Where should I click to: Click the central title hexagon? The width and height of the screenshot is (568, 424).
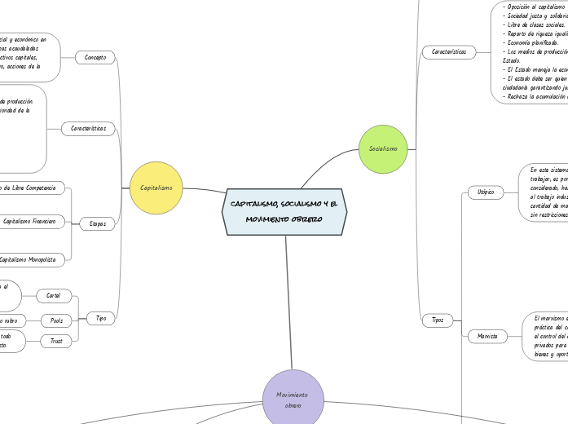click(x=284, y=211)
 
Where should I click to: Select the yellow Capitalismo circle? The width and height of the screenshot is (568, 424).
click(x=156, y=188)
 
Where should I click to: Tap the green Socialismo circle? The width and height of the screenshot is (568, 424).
click(x=383, y=149)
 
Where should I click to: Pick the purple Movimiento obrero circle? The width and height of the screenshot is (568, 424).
click(x=293, y=400)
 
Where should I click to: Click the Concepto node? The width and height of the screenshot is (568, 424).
click(x=95, y=57)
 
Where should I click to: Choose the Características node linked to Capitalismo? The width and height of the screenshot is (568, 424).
click(x=89, y=128)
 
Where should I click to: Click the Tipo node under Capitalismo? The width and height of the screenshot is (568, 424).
click(x=101, y=318)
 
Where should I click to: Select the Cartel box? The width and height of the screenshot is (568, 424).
click(x=54, y=295)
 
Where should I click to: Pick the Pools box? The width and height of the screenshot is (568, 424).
click(x=56, y=320)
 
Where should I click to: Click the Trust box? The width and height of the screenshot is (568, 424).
click(x=56, y=342)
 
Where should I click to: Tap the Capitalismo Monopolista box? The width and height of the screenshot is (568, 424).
click(x=29, y=259)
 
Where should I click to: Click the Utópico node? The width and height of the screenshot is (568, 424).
click(x=487, y=192)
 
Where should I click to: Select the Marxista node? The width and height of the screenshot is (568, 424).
click(x=488, y=335)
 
